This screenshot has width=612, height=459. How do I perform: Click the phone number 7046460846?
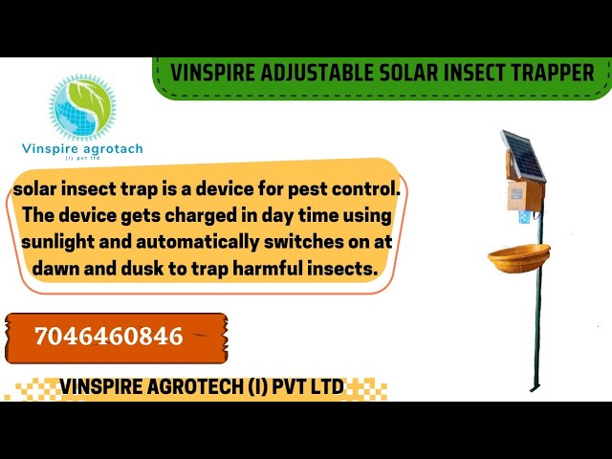108,337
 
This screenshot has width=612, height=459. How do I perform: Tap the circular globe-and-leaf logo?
81,108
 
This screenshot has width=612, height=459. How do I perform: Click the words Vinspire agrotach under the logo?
81,148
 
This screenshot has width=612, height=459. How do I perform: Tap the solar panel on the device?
523,154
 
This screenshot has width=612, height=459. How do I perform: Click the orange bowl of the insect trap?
519,256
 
